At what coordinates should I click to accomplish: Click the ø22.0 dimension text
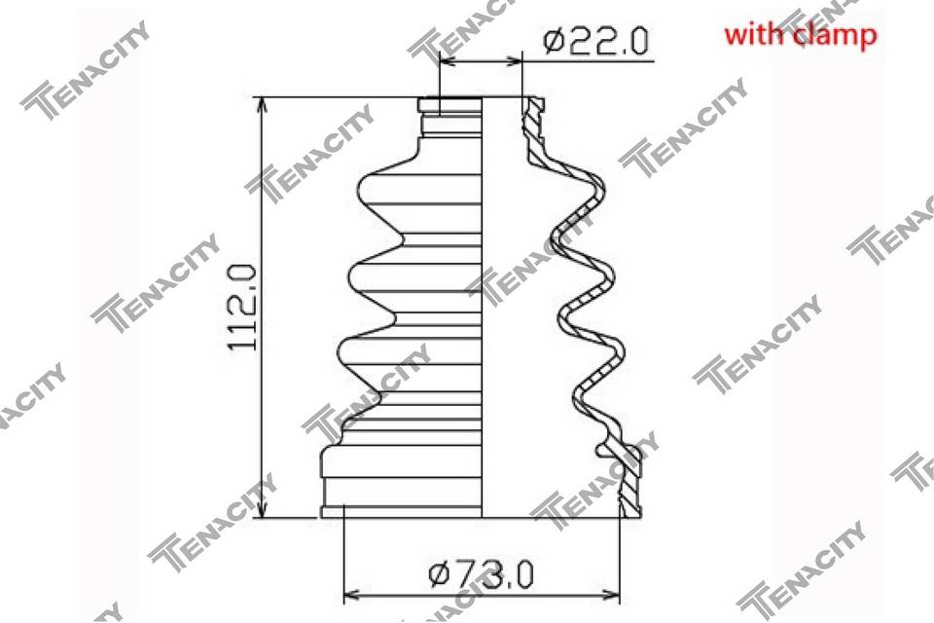[x=595, y=42]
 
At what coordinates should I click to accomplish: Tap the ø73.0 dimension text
[x=482, y=574]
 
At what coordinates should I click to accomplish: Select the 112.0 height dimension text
[x=243, y=308]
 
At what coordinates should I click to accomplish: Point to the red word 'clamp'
[x=834, y=36]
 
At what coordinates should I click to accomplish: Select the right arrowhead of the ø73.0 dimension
[x=611, y=595]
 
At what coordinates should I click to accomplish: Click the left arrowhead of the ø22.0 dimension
[x=448, y=60]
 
